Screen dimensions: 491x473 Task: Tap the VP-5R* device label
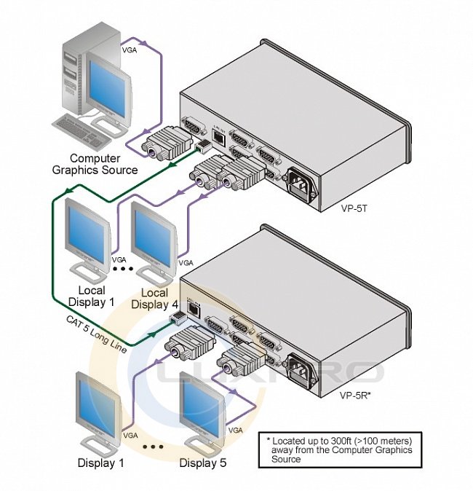point(356,396)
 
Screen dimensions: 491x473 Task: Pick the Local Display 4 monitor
point(154,237)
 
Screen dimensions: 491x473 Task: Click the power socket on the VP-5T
point(303,182)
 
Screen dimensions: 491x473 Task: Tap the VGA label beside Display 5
point(236,431)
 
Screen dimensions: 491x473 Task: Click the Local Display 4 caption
point(154,299)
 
